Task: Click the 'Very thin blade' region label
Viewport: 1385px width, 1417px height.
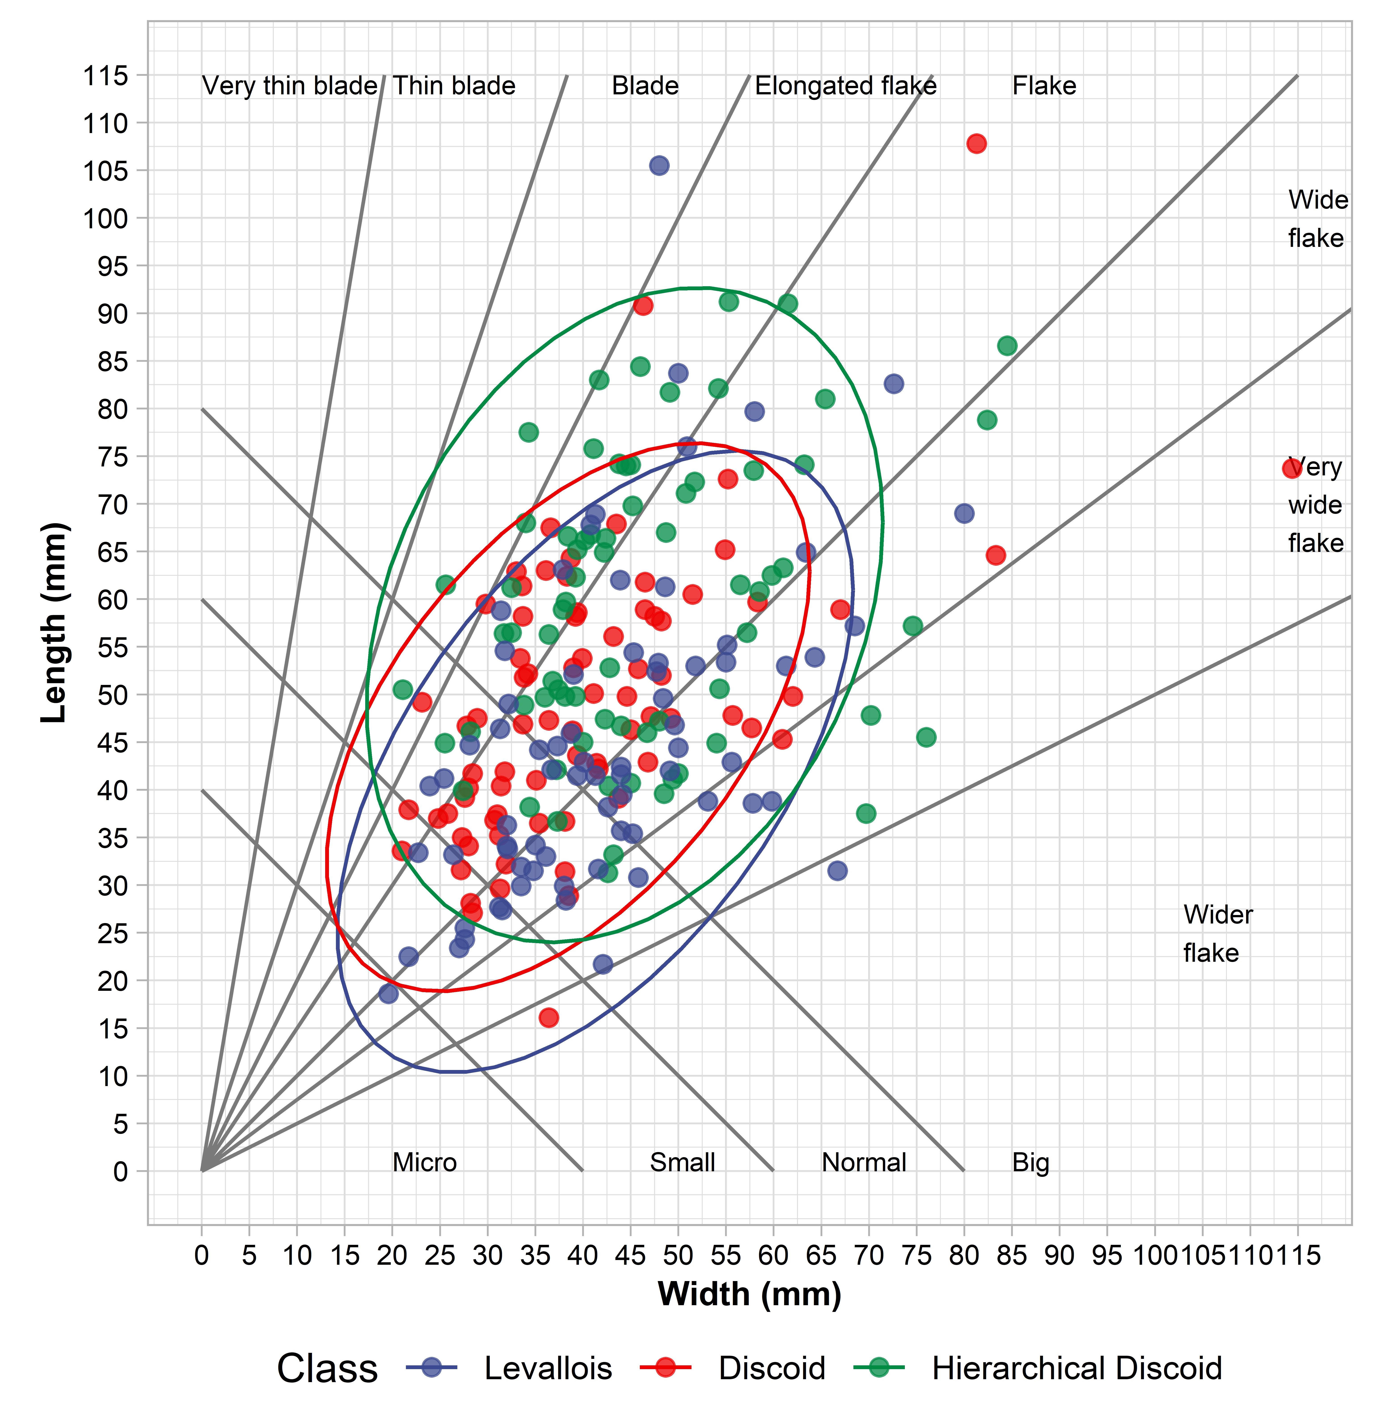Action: pyautogui.click(x=290, y=86)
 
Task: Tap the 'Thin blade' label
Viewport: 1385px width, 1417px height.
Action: pyautogui.click(x=454, y=86)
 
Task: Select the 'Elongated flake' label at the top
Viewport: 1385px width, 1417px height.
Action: pyautogui.click(x=845, y=86)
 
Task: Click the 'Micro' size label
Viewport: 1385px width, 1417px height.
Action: pyautogui.click(x=425, y=1162)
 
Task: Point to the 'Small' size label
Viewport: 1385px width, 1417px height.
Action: pyautogui.click(x=682, y=1162)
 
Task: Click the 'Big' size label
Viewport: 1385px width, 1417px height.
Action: pyautogui.click(x=1031, y=1162)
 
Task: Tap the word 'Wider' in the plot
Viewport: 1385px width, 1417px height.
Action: pyautogui.click(x=1218, y=914)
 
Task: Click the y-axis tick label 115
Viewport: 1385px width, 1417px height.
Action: pyautogui.click(x=106, y=76)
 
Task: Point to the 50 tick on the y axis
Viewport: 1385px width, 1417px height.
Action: pyautogui.click(x=113, y=695)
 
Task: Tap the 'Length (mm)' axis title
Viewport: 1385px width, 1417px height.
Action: pyautogui.click(x=55, y=622)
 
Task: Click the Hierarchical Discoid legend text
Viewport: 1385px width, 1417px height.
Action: pyautogui.click(x=1077, y=1368)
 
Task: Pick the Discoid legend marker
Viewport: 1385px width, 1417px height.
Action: pyautogui.click(x=666, y=1368)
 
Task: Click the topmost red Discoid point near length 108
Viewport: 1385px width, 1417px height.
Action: pyautogui.click(x=976, y=143)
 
